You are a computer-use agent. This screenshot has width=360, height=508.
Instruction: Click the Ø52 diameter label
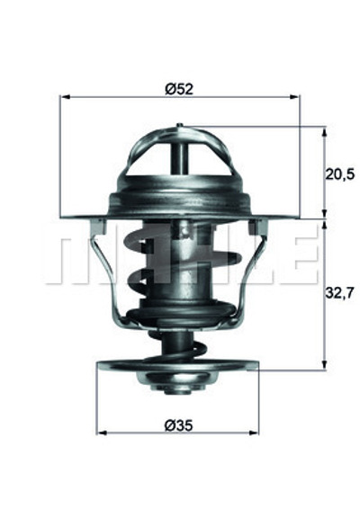pos(180,88)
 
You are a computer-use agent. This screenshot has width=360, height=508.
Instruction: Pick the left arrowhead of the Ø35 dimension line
pos(101,432)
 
